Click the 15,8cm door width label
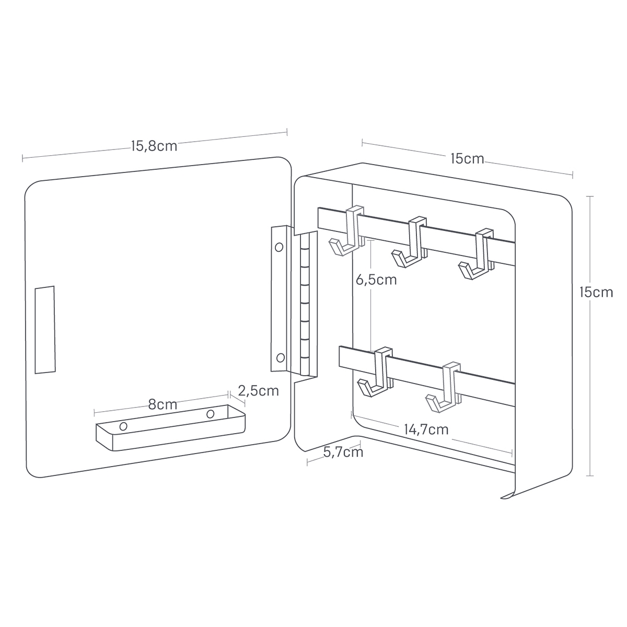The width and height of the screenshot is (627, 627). click(x=154, y=146)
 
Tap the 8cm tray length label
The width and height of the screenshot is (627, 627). click(x=162, y=404)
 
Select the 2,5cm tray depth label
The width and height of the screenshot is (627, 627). click(x=258, y=391)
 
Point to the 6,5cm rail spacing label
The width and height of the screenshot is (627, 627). click(x=376, y=280)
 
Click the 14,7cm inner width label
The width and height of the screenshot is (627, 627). click(x=426, y=429)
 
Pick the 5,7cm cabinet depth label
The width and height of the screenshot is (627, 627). click(x=343, y=452)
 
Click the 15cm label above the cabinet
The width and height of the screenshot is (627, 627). click(x=467, y=159)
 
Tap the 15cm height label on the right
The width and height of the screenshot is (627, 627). click(x=596, y=292)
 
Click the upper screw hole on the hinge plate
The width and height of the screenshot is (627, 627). click(x=279, y=247)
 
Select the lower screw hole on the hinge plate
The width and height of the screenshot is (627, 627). click(x=280, y=358)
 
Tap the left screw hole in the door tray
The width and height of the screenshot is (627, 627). click(x=123, y=426)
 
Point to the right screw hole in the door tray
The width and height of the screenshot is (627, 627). click(x=211, y=414)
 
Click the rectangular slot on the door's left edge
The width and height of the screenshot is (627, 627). click(x=45, y=330)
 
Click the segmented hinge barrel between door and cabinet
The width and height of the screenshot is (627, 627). click(x=304, y=304)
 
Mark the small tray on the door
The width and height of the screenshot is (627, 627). click(x=170, y=427)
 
